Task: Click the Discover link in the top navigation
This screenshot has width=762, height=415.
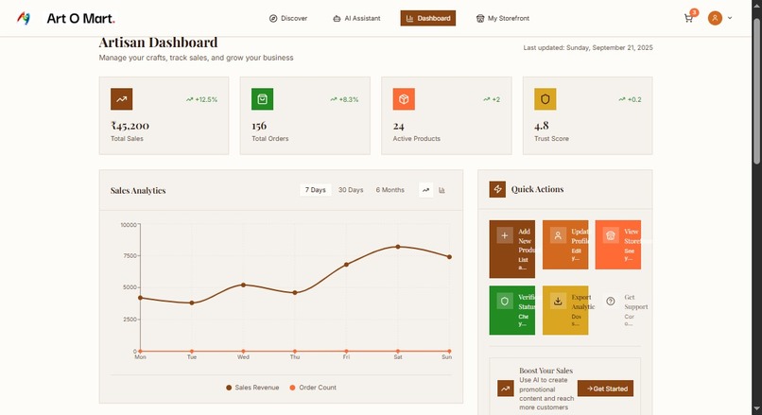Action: pyautogui.click(x=288, y=18)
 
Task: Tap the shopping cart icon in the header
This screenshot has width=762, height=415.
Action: pyautogui.click(x=688, y=18)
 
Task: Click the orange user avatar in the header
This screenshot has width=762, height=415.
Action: pyautogui.click(x=715, y=18)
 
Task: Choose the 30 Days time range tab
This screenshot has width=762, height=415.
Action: pyautogui.click(x=351, y=190)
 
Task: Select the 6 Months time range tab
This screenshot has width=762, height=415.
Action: pyautogui.click(x=390, y=190)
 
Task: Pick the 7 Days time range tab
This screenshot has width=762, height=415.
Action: pyautogui.click(x=316, y=190)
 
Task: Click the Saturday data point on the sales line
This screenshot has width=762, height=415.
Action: pyautogui.click(x=398, y=247)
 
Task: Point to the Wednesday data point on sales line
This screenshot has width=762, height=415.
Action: pyautogui.click(x=244, y=285)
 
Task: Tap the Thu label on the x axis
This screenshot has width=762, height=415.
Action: pyautogui.click(x=295, y=357)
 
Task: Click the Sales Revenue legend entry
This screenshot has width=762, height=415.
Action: pyautogui.click(x=252, y=388)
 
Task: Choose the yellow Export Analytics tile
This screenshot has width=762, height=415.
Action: pyautogui.click(x=565, y=310)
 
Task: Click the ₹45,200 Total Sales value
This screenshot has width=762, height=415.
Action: pyautogui.click(x=130, y=126)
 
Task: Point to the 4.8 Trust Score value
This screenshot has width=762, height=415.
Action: pyautogui.click(x=542, y=126)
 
